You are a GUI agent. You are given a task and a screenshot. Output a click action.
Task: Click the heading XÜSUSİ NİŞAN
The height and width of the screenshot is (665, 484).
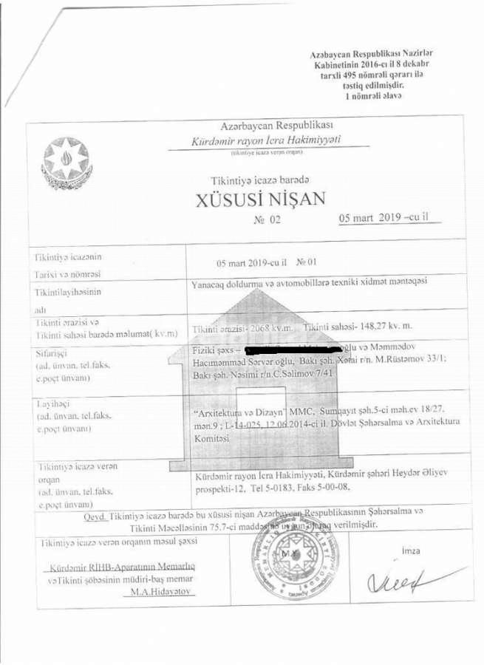pos(260,199)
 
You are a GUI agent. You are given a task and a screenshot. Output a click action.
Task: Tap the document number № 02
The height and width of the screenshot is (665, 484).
pos(267,220)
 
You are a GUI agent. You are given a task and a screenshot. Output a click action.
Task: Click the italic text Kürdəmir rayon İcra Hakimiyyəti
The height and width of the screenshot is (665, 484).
pos(266,140)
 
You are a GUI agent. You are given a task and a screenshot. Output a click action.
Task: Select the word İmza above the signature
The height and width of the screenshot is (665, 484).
pos(411,551)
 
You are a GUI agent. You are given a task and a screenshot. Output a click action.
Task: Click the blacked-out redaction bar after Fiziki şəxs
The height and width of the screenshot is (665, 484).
pos(284,347)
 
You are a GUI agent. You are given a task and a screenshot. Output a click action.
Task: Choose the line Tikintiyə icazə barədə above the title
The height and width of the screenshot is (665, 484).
pos(259,180)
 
